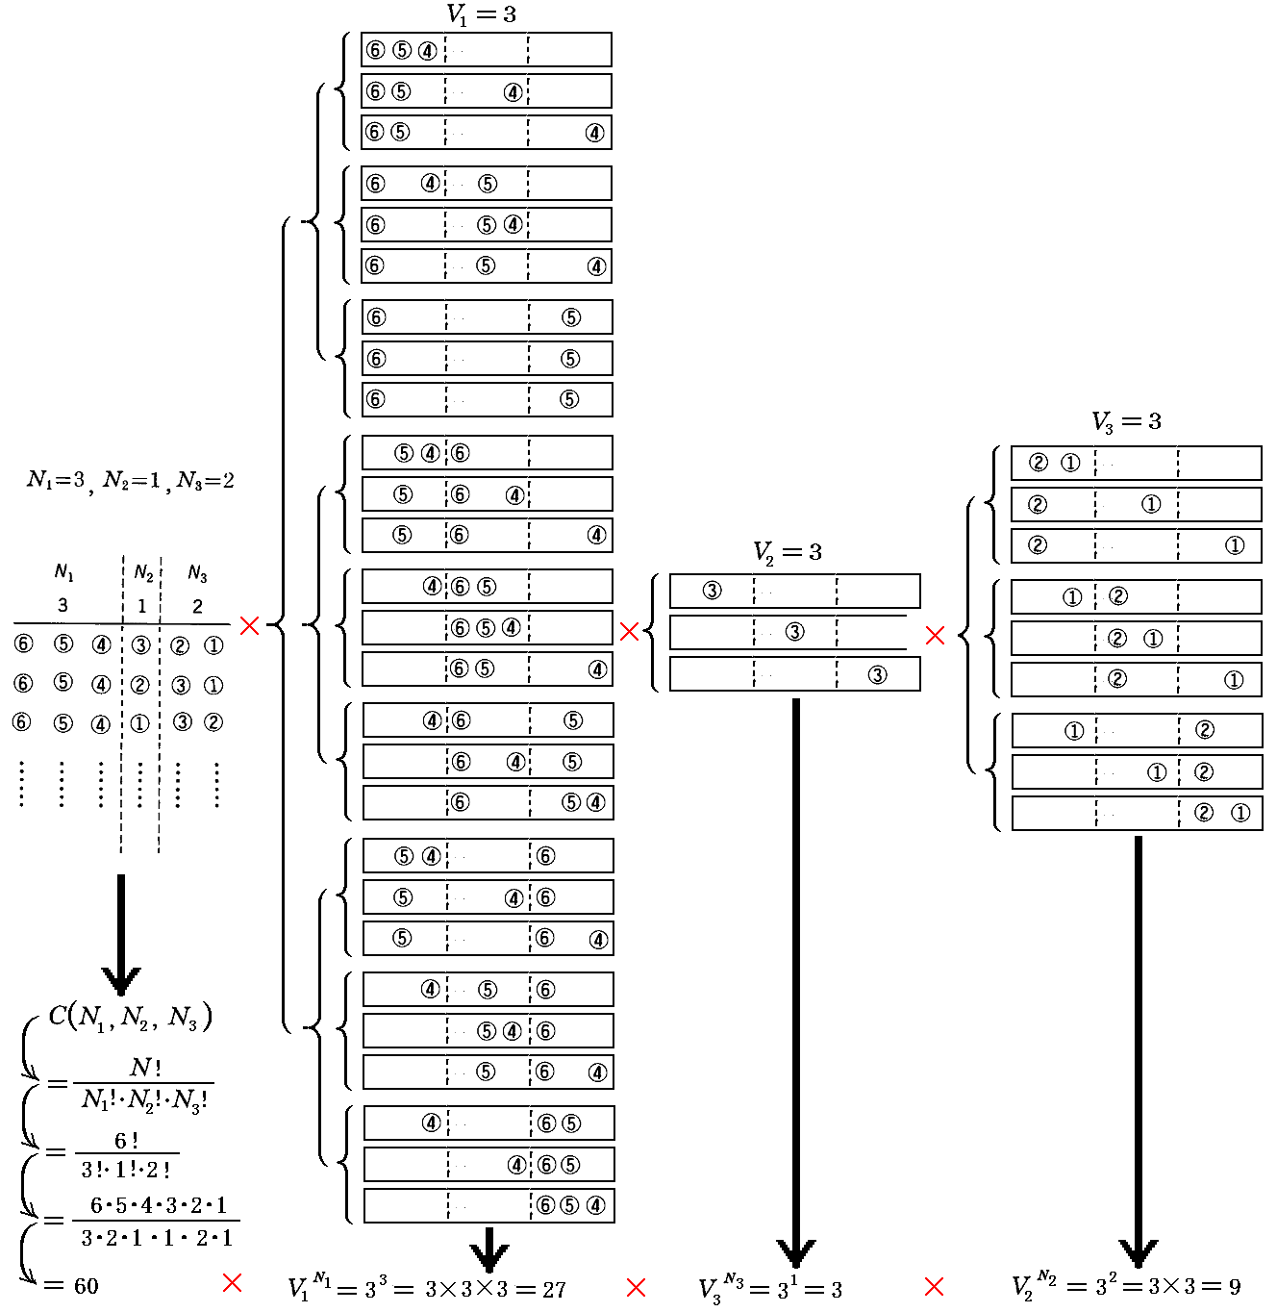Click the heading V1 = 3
(481, 14)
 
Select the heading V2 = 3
(787, 552)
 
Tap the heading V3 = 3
(1126, 421)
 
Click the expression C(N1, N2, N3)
(130, 1017)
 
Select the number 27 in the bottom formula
(554, 1290)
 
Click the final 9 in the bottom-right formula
(1234, 1287)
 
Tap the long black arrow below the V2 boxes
(796, 981)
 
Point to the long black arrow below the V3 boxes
(1139, 1048)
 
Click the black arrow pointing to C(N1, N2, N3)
(121, 933)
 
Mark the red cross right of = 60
(232, 1282)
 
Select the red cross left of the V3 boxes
(935, 635)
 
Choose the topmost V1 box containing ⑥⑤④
(487, 50)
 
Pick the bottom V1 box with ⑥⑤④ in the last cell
(488, 1205)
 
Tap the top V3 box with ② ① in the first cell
(1136, 463)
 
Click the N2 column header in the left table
(143, 573)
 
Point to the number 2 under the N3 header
(197, 606)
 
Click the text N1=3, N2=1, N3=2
(131, 480)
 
